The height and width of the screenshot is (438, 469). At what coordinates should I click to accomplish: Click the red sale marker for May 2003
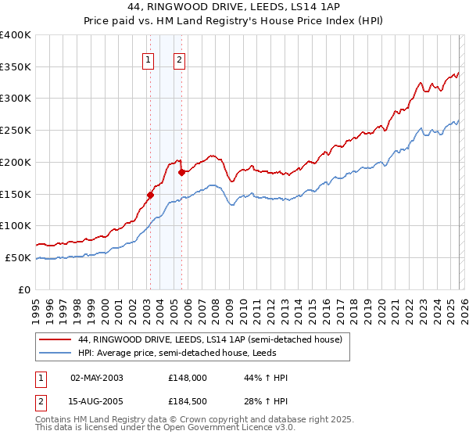(x=150, y=195)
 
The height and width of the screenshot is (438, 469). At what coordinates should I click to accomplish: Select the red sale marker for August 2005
(x=181, y=171)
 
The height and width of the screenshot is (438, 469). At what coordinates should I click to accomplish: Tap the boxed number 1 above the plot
(x=149, y=59)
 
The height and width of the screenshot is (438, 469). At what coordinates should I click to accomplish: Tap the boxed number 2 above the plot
(x=180, y=59)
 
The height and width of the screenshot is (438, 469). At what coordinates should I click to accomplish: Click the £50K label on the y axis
(x=18, y=257)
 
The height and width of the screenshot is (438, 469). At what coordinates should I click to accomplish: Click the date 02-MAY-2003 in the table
(x=96, y=378)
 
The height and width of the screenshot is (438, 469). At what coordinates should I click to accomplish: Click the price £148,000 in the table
(x=187, y=378)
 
